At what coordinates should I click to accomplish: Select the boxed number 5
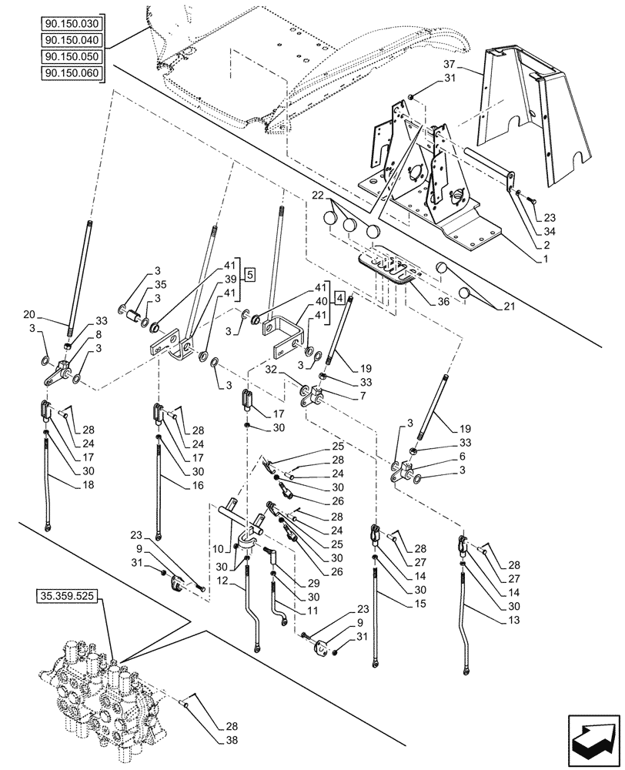(x=251, y=274)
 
